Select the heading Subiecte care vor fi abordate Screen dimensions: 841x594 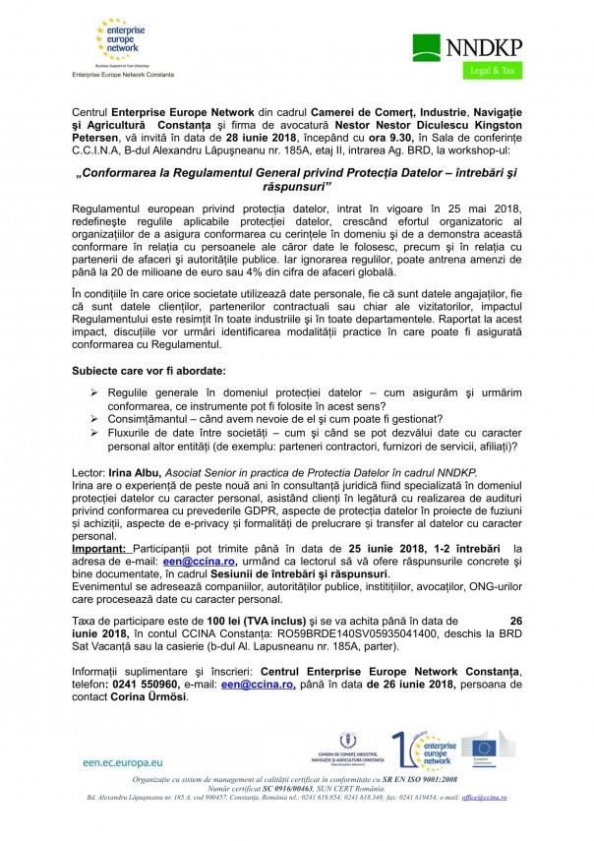148,371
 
